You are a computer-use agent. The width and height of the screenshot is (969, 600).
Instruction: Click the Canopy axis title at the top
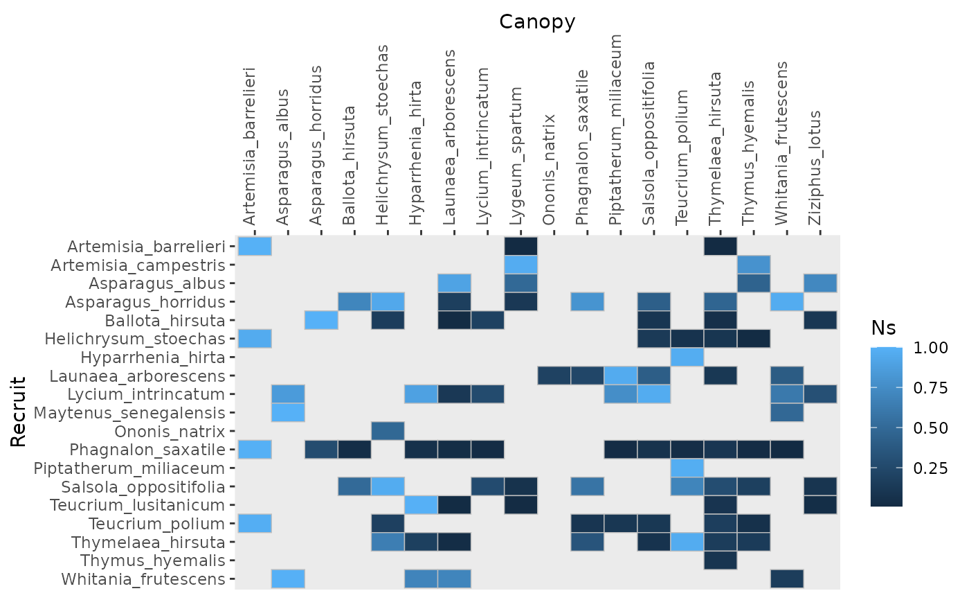coord(537,22)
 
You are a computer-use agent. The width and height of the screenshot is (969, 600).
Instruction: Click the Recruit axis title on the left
coord(19,412)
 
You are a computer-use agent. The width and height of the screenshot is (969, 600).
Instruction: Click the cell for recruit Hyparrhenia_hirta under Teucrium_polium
coord(687,358)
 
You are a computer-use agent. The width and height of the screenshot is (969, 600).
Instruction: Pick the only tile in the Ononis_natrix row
coord(388,432)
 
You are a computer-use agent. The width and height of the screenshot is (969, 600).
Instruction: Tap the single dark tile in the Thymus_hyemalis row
coord(721,561)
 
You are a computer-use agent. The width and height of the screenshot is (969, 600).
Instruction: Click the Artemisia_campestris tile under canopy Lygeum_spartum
coord(521,265)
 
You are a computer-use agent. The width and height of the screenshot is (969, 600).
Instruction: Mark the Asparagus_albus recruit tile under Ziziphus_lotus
coord(820,283)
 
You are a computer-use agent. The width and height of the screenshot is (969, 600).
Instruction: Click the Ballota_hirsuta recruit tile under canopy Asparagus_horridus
coord(321,321)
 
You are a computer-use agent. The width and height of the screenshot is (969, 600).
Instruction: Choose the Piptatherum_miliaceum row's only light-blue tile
coord(687,468)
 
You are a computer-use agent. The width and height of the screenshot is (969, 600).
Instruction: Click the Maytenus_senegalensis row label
coord(130,413)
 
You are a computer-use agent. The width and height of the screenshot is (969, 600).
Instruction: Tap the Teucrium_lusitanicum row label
coord(138,505)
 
